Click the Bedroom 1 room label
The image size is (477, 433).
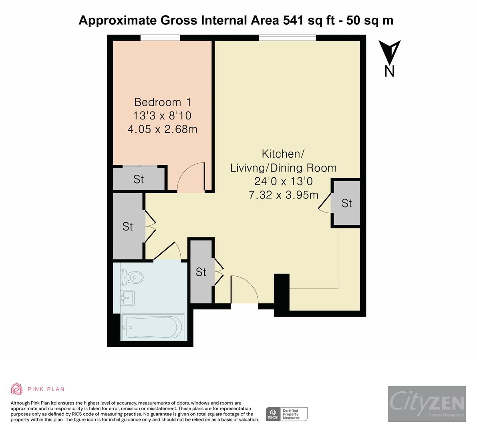coord(162,102)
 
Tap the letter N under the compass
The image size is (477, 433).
coord(389,71)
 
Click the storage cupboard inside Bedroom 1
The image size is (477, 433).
coord(139,179)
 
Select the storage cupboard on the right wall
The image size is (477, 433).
coord(346,203)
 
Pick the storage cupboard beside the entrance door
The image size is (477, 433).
coord(201,272)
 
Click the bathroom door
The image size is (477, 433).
coord(168,251)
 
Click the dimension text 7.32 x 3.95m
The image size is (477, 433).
coord(284,195)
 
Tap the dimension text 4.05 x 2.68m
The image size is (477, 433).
coord(162,129)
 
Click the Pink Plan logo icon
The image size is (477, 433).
coord(17,388)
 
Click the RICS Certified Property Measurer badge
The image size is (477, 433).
coord(287,414)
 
